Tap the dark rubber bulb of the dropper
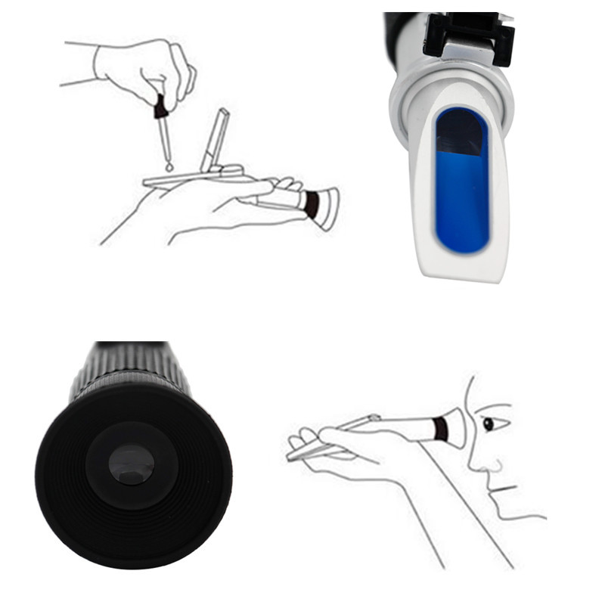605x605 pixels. tap(160, 110)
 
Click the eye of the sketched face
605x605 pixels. tap(489, 423)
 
